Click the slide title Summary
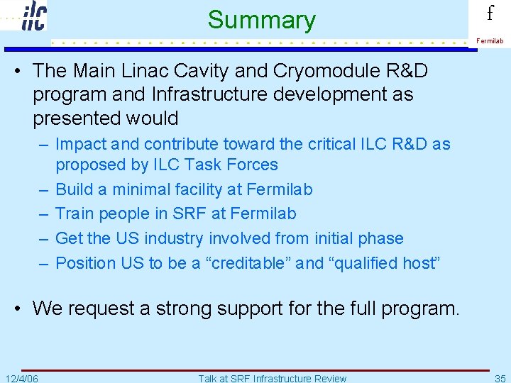point(261,20)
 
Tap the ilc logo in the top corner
point(33,16)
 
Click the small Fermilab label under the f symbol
point(490,41)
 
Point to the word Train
point(75,213)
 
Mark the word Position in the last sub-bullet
point(86,263)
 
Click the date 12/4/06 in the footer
point(21,378)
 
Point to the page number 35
point(500,378)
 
